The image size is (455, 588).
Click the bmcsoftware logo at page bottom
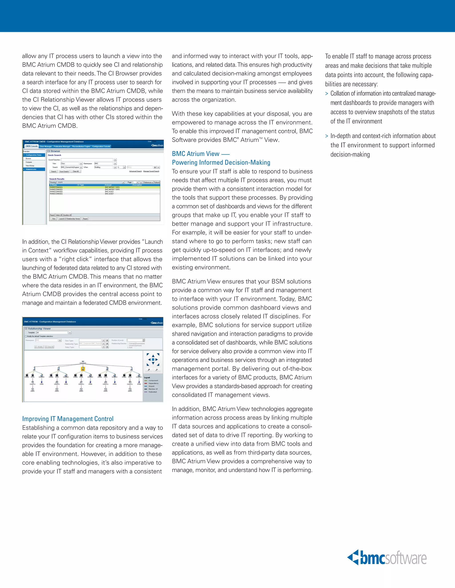click(387, 558)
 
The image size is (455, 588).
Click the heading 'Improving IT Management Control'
click(68, 419)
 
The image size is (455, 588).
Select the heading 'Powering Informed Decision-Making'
click(221, 162)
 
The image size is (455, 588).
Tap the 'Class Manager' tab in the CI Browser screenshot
click(46, 146)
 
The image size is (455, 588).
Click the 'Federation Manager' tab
click(62, 146)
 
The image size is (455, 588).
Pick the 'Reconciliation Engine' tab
click(81, 146)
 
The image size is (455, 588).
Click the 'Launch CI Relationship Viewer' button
click(69, 219)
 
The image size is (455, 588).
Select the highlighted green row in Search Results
click(105, 187)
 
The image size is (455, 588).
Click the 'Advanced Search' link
click(135, 171)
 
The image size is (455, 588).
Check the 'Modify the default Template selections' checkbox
click(26, 336)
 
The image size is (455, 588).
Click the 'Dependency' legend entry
click(153, 383)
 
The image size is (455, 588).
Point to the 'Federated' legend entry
click(152, 392)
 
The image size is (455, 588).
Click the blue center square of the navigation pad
click(153, 359)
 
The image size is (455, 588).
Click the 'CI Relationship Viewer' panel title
click(38, 328)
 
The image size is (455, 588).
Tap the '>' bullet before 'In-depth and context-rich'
click(327, 136)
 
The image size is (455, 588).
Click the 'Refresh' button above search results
click(157, 182)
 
